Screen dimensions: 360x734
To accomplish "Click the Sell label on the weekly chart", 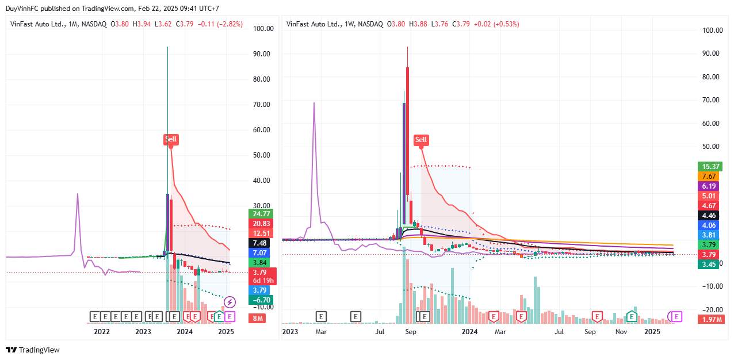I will click(421, 139).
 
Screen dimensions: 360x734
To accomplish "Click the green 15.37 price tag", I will click(707, 166).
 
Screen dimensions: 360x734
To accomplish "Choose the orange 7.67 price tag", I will click(707, 176).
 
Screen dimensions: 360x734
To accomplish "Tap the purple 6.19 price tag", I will click(707, 186).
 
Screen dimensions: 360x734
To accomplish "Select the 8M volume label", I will click(257, 319).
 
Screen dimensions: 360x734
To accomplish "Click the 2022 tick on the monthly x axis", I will click(102, 331).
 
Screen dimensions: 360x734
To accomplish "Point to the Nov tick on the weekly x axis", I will click(621, 331).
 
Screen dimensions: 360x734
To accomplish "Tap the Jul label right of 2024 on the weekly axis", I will click(559, 331).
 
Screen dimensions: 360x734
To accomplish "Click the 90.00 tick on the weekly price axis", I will click(711, 53).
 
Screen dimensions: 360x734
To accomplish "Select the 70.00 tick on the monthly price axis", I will click(262, 104).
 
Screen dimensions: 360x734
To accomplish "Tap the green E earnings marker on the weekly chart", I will click(631, 316).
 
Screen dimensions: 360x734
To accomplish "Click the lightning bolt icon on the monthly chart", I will click(230, 301).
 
